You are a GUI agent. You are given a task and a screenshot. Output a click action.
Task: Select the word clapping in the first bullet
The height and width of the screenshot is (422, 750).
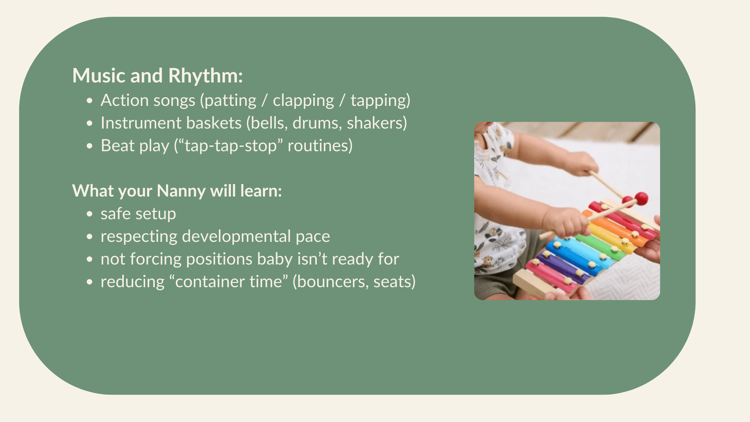tap(303, 100)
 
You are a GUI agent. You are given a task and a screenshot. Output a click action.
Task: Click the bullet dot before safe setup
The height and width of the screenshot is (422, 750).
tap(90, 214)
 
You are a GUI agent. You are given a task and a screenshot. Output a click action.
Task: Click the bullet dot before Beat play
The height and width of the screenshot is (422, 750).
tap(90, 146)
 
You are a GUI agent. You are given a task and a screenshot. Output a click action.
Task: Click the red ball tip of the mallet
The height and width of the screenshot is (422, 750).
tap(641, 198)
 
